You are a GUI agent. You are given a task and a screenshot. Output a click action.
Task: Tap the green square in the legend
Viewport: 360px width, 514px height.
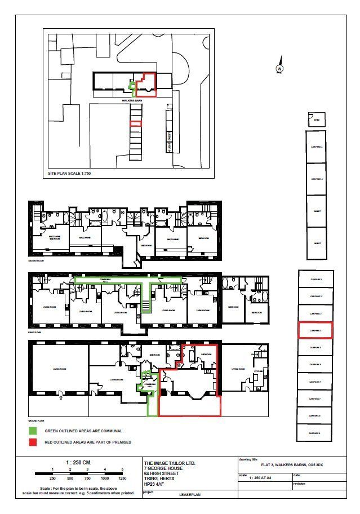[33, 431]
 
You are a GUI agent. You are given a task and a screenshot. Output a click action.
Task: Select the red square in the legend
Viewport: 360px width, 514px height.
[33, 442]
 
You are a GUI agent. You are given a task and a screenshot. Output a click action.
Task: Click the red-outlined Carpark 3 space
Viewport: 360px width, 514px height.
[315, 330]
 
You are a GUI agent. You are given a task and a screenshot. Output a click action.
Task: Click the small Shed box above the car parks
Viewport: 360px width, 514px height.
[317, 120]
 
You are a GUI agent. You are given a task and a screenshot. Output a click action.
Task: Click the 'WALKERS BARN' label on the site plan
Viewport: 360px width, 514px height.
[131, 101]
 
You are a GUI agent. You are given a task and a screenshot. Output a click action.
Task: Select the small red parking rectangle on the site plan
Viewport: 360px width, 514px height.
[136, 123]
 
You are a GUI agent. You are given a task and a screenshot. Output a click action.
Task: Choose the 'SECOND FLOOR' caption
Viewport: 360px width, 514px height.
[37, 262]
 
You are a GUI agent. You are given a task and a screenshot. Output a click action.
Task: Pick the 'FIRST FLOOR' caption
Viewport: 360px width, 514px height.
[35, 333]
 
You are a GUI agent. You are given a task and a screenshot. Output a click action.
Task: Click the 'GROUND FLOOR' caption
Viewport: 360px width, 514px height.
[37, 420]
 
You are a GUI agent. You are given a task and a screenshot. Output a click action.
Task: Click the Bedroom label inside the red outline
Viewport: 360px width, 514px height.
[206, 355]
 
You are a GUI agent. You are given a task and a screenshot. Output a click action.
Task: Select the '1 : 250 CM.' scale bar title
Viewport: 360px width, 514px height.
[79, 462]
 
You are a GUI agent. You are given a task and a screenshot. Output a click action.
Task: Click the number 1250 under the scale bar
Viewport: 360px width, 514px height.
[122, 477]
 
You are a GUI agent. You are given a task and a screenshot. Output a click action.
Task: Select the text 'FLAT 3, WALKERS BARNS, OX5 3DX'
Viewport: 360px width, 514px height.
[292, 465]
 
